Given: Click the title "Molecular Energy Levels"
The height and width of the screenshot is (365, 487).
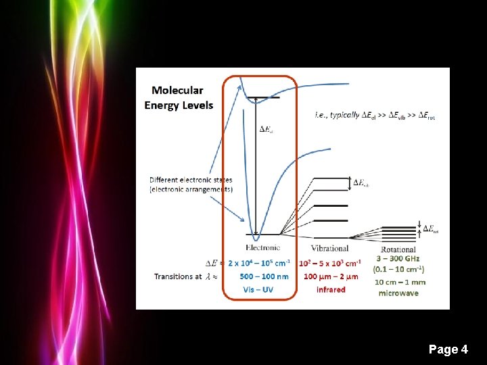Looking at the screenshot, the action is pyautogui.click(x=179, y=97).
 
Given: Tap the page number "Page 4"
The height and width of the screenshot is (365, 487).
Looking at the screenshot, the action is pyautogui.click(x=448, y=349).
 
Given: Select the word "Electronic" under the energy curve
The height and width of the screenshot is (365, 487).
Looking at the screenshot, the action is pyautogui.click(x=262, y=248).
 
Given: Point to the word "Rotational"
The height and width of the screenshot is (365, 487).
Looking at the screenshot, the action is pyautogui.click(x=398, y=249).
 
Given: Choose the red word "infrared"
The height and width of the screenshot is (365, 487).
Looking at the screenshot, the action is pyautogui.click(x=331, y=290).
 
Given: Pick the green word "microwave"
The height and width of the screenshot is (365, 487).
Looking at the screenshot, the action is pyautogui.click(x=398, y=293).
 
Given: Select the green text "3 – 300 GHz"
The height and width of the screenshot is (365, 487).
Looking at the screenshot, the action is pyautogui.click(x=398, y=259).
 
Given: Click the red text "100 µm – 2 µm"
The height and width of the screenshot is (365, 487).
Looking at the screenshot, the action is pyautogui.click(x=331, y=276).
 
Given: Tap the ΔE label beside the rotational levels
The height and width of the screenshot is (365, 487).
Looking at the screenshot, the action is pyautogui.click(x=430, y=230).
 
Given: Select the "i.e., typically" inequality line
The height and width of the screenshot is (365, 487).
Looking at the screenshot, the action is pyautogui.click(x=375, y=116).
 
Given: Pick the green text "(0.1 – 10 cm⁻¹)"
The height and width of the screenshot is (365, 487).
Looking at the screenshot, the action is pyautogui.click(x=398, y=270).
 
